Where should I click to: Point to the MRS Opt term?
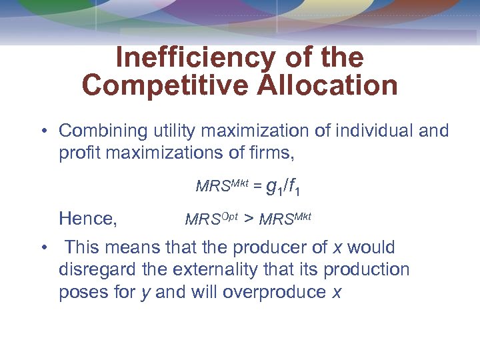coord(211,218)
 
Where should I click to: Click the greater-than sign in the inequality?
coord(249,219)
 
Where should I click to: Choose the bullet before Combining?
coord(42,131)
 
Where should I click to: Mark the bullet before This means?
coord(42,248)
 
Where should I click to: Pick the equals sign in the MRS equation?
coord(256,187)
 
